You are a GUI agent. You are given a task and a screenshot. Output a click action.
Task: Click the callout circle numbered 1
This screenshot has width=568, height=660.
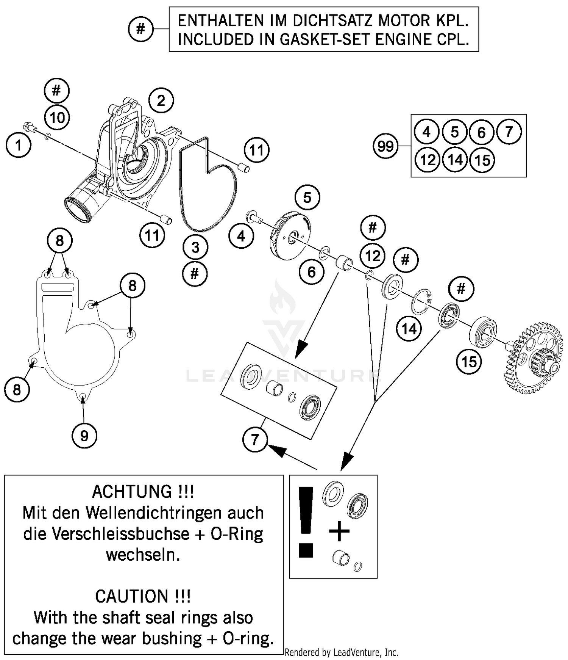[18, 145]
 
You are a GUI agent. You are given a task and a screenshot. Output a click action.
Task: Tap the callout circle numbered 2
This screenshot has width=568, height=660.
[161, 101]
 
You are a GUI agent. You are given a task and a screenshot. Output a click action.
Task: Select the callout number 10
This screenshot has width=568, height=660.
[57, 118]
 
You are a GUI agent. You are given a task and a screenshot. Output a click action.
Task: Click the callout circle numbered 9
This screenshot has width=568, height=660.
[84, 436]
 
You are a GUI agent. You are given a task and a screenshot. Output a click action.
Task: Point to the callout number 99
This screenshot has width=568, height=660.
[385, 146]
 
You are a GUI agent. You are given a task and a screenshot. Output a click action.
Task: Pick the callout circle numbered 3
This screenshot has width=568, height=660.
[195, 248]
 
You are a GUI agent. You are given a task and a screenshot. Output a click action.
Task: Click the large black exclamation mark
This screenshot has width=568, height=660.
[306, 521]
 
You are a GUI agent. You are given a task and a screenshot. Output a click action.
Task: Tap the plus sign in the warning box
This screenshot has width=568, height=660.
[339, 531]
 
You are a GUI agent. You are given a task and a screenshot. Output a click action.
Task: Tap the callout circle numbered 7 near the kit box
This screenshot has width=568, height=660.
[255, 439]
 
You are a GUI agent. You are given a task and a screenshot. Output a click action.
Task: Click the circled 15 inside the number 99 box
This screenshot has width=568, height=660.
[482, 160]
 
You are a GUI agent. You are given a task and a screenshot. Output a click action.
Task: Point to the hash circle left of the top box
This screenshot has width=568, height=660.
[140, 29]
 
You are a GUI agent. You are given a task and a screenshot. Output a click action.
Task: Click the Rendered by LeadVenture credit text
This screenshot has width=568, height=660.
[341, 652]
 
